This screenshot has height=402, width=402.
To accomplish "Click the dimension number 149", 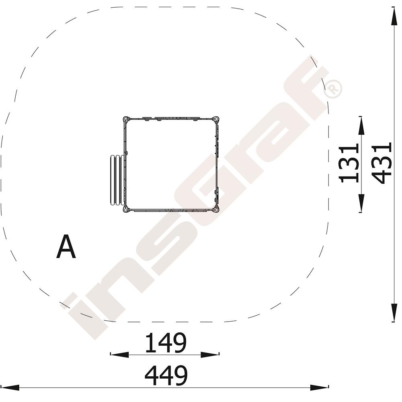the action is [165, 343].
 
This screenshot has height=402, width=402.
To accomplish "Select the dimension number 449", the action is [166, 375].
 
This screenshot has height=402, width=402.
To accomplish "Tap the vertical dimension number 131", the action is [349, 163].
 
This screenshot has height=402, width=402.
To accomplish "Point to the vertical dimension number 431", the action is [382, 163].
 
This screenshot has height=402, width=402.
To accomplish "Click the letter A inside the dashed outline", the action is [66, 247].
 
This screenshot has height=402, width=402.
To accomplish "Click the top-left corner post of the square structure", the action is [125, 119].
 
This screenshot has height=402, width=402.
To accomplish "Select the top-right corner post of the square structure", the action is [217, 119].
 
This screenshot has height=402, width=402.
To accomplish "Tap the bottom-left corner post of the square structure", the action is [125, 209].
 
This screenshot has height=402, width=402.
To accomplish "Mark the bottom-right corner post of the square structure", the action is [217, 209].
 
